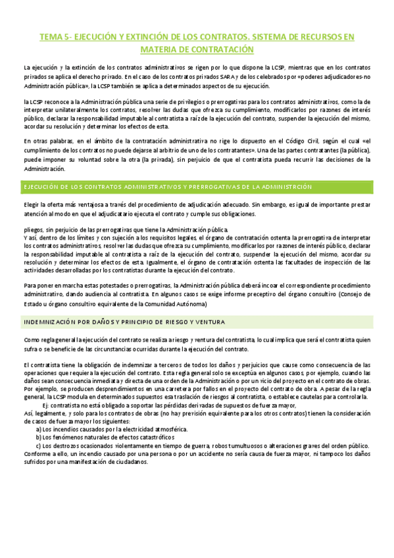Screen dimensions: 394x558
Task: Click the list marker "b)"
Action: click(x=39, y=437)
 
